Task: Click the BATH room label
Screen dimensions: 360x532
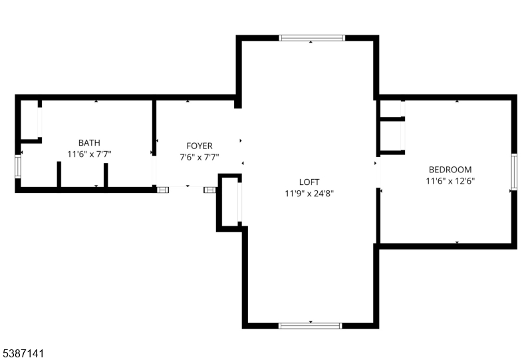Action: [x=89, y=142]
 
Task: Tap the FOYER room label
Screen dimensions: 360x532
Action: [x=199, y=146]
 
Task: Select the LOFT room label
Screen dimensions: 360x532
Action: [x=309, y=182]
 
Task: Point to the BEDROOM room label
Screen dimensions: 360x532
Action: [x=450, y=169]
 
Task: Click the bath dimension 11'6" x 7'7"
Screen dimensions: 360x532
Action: [x=89, y=154]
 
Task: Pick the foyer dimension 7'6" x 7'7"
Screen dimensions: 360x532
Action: [x=199, y=157]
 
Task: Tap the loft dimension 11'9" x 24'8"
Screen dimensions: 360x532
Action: [x=309, y=194]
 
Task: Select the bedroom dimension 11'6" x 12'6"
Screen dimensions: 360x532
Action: [x=450, y=180]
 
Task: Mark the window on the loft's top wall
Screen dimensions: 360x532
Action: [x=312, y=38]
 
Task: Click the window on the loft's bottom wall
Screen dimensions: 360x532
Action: [x=310, y=325]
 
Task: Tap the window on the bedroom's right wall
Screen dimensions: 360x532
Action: [x=513, y=172]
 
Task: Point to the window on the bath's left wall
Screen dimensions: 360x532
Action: [x=18, y=166]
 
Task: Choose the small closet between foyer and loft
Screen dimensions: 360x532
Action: [x=229, y=202]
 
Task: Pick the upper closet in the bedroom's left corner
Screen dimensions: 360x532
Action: [x=390, y=109]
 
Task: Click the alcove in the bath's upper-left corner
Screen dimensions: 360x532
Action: [x=30, y=120]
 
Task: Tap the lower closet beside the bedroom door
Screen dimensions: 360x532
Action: [x=390, y=136]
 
